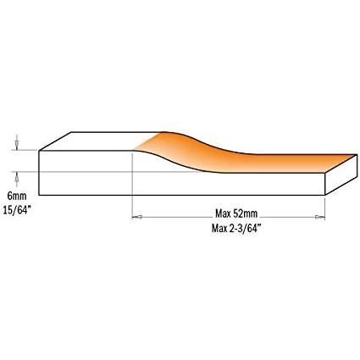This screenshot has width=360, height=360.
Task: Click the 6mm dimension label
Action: click(x=17, y=196)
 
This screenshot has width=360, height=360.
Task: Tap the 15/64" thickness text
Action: click(x=16, y=210)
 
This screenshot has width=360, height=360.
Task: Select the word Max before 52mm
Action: click(x=224, y=213)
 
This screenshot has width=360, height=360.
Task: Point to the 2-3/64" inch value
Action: click(x=244, y=229)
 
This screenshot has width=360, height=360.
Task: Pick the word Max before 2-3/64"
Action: click(x=219, y=229)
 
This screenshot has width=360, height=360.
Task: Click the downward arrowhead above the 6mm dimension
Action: click(x=17, y=147)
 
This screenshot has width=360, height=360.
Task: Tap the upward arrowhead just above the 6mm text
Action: click(x=17, y=176)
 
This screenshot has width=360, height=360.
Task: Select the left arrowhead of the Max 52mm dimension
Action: click(x=137, y=217)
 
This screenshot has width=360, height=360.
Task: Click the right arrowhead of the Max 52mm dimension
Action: click(x=320, y=217)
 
